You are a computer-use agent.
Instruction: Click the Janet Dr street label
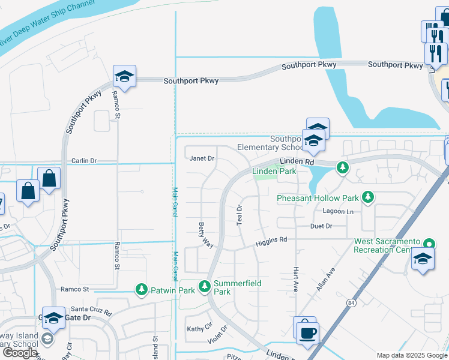(202, 159)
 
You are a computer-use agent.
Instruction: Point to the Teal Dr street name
(240, 214)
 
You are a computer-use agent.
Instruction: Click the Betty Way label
(206, 235)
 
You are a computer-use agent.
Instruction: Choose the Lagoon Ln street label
(337, 211)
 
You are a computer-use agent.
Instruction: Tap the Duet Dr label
(321, 226)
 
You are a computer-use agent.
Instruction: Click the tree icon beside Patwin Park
(142, 289)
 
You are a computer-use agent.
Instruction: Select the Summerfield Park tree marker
(205, 286)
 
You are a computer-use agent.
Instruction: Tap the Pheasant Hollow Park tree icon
(368, 196)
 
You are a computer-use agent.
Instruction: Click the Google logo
(20, 353)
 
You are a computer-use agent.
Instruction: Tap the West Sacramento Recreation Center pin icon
(429, 244)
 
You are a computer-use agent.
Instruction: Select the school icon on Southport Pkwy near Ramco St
(124, 76)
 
